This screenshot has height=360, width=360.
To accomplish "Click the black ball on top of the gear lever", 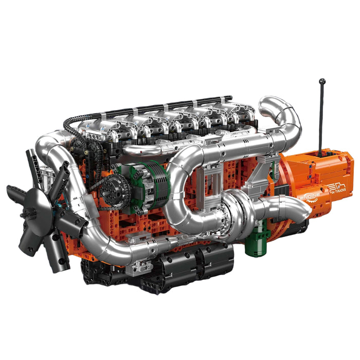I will click(322, 81).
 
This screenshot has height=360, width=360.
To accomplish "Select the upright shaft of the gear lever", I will click(321, 118).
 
